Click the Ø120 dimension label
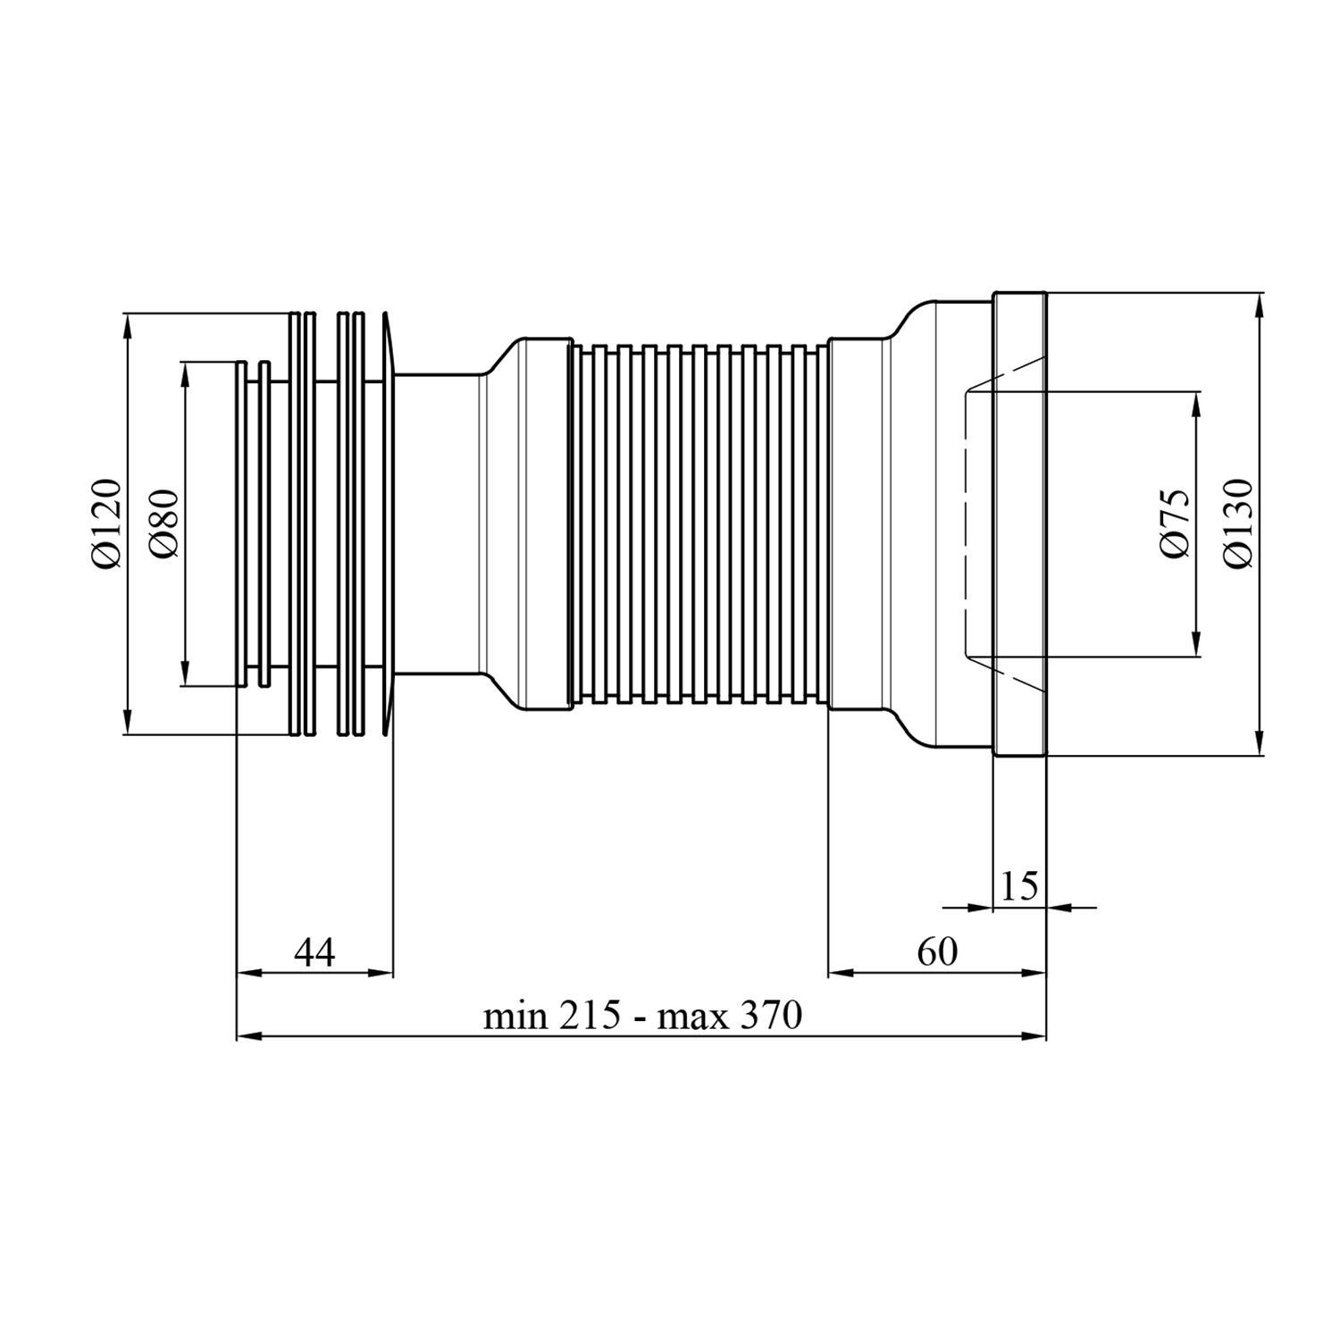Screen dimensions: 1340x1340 tap(105, 524)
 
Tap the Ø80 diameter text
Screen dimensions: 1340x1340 tap(164, 523)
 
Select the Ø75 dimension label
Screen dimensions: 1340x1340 tap(1175, 524)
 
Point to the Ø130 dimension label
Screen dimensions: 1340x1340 tap(1239, 523)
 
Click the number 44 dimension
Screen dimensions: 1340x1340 tap(314, 952)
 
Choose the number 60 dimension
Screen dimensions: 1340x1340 tap(937, 952)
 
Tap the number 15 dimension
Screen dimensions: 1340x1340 tap(1019, 887)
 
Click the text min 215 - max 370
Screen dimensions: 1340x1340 tap(642, 1016)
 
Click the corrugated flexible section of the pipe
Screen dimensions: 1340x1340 tap(700, 524)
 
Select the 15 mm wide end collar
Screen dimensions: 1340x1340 tap(1019, 524)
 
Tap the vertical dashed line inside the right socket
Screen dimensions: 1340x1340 tap(967, 524)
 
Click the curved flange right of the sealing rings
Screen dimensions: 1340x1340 tap(387, 524)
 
